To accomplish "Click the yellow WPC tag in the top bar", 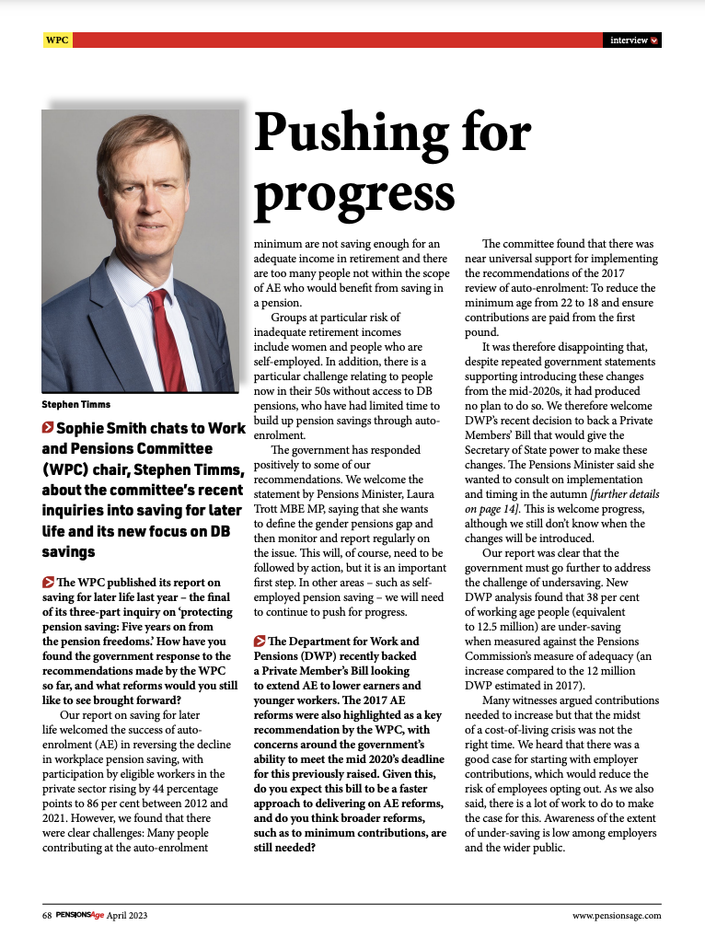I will point(56,40).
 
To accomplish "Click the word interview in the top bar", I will point(629,40).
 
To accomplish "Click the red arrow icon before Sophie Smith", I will point(48,428).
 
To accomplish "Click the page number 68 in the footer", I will point(47,916).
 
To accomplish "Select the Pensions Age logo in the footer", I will point(79,916).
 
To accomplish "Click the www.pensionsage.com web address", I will point(616,916).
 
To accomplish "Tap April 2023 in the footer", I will point(127,916).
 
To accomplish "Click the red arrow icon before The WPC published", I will point(48,582).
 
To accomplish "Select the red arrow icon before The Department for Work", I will point(260,642).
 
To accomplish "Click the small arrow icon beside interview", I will point(654,40).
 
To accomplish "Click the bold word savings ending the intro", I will point(68,553).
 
